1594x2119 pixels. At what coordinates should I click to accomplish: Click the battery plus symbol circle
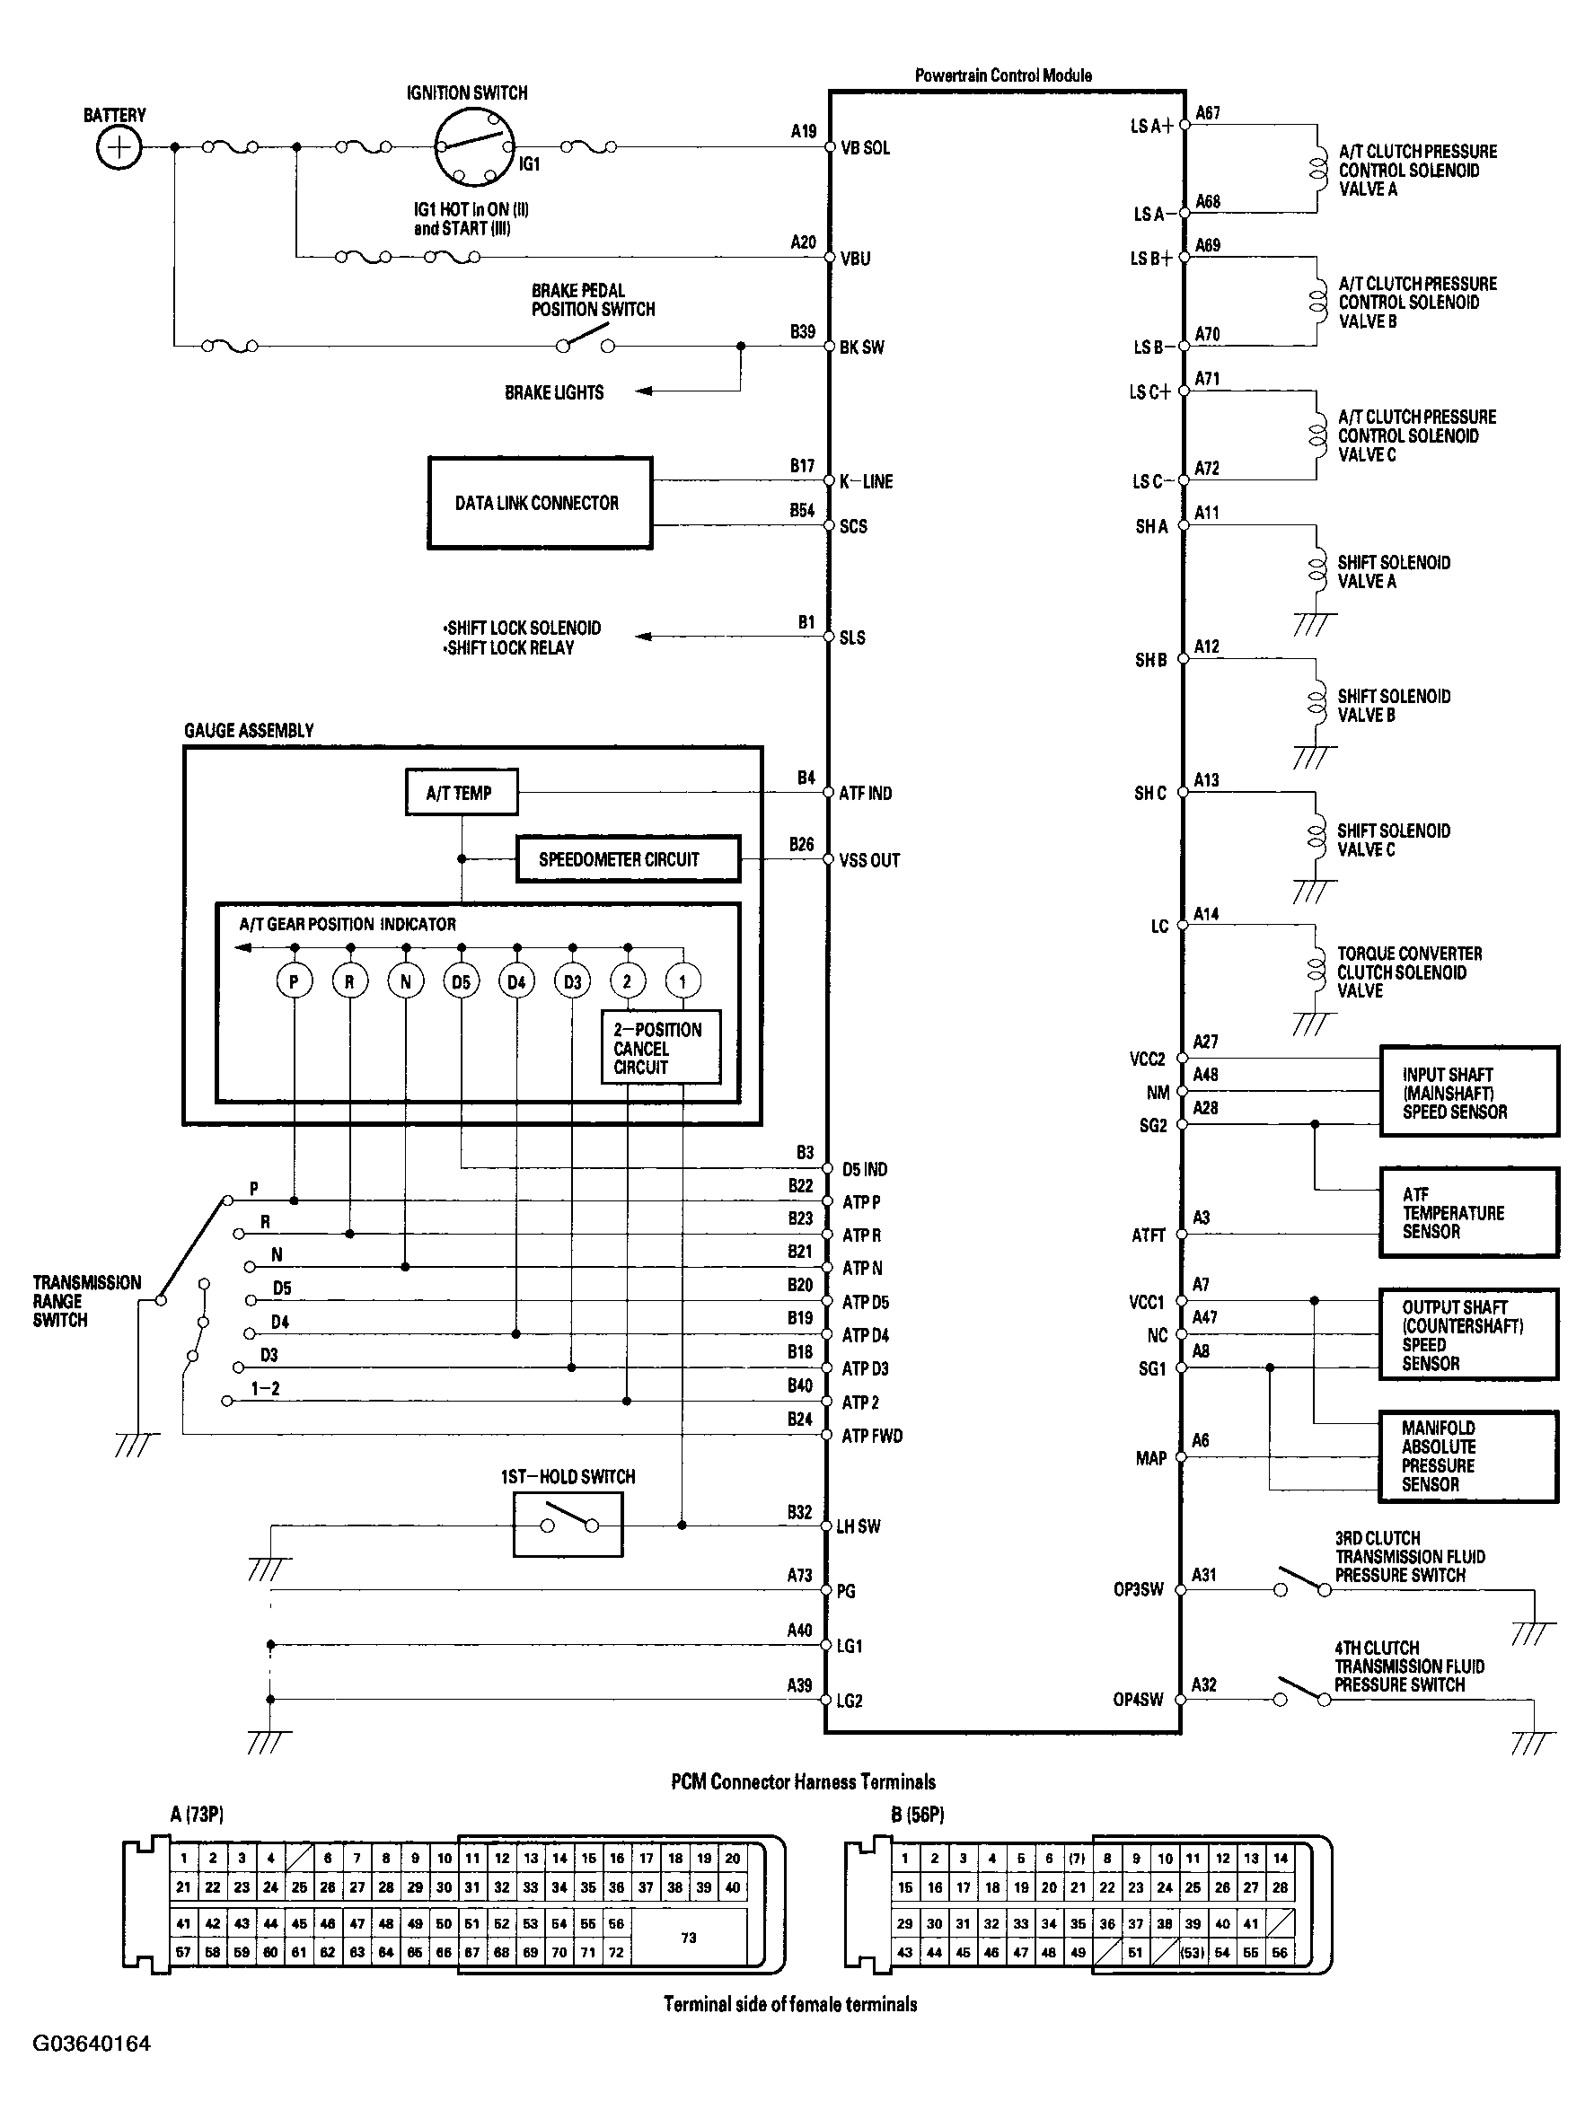[x=119, y=147]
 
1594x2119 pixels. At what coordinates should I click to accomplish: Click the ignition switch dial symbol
[x=473, y=146]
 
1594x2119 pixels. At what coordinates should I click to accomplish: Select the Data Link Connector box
[x=540, y=503]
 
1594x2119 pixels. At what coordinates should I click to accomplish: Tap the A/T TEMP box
[x=461, y=792]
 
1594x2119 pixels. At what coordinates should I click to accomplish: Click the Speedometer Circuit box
[x=628, y=859]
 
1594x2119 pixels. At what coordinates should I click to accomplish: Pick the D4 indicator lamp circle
[x=516, y=981]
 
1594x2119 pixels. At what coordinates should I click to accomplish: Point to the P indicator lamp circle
[x=294, y=981]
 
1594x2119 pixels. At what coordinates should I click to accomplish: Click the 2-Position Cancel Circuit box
[x=660, y=1048]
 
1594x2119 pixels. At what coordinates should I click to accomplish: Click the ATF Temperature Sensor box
[x=1467, y=1213]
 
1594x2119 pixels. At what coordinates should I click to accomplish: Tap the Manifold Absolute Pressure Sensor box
[x=1467, y=1456]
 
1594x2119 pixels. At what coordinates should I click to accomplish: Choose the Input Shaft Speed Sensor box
[x=1467, y=1092]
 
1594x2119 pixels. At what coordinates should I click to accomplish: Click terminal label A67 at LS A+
[x=1208, y=113]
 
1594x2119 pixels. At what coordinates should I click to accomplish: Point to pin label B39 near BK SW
[x=802, y=331]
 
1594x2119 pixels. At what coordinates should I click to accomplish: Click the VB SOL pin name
[x=865, y=147]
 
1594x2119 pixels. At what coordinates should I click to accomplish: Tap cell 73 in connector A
[x=689, y=1937]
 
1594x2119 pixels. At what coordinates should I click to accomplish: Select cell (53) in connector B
[x=1192, y=1952]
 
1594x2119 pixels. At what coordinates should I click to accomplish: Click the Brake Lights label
[x=554, y=391]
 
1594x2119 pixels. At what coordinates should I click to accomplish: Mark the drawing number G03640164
[x=92, y=2044]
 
